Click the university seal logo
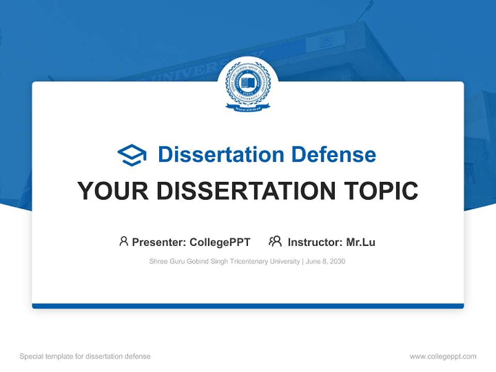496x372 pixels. (248, 85)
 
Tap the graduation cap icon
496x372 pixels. (132, 154)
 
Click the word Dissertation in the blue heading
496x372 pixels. (221, 154)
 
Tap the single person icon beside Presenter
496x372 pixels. (123, 241)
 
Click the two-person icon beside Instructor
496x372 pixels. (275, 241)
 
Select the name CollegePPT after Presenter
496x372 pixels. (220, 242)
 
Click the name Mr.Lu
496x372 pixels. (361, 242)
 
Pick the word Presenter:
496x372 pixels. (159, 242)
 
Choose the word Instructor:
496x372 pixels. (315, 242)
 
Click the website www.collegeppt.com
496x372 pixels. (443, 357)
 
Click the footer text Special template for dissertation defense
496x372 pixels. (85, 357)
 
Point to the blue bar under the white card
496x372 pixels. (248, 306)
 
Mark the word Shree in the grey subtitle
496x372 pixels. (158, 261)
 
